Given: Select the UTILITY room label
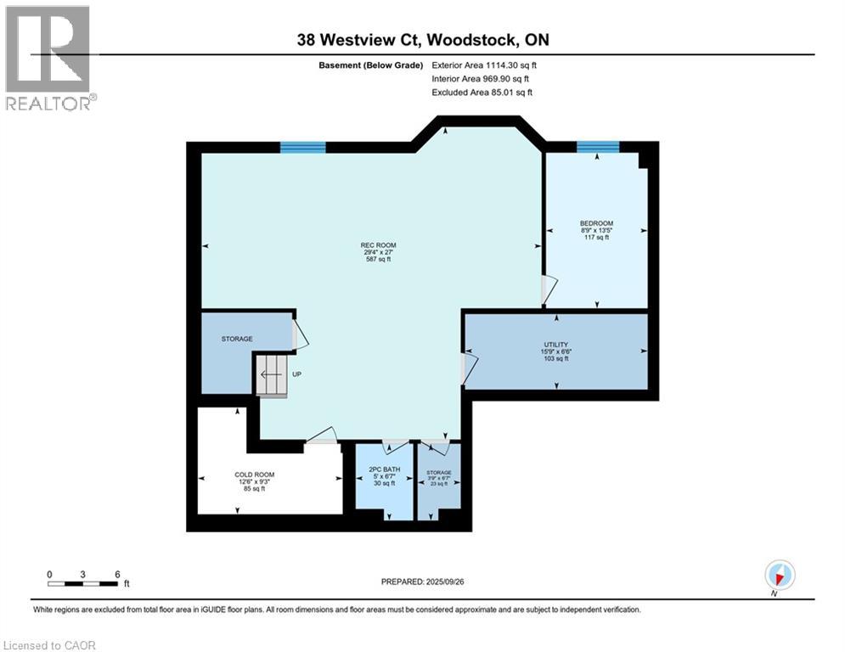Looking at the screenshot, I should click(x=555, y=344).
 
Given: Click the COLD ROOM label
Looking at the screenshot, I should click(x=255, y=475).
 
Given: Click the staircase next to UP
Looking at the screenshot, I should click(x=272, y=374).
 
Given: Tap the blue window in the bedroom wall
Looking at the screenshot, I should click(x=598, y=147).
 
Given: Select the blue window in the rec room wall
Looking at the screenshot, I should click(x=303, y=147).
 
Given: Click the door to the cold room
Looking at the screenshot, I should click(x=322, y=436).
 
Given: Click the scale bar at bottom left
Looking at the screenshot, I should click(x=82, y=583).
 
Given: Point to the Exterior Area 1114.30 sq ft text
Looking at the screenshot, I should click(x=484, y=65).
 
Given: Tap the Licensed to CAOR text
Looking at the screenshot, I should click(x=50, y=645).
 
